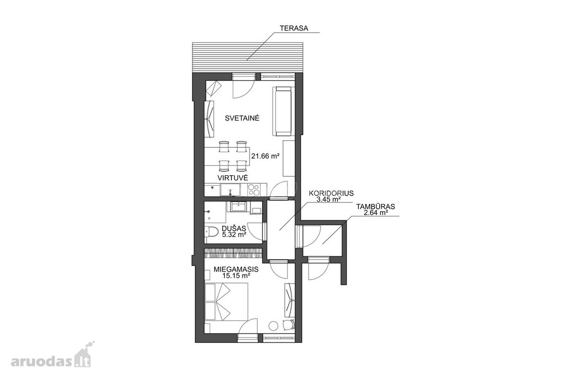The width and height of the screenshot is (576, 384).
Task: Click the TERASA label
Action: pos(294,28)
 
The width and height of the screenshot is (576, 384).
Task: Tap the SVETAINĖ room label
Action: pos(242,118)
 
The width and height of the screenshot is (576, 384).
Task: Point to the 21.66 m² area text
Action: pos(265,156)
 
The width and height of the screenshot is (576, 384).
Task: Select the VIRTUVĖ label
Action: pos(233,178)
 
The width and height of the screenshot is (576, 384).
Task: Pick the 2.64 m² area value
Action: pos(376,213)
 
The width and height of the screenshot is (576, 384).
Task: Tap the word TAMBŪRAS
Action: pos(376,206)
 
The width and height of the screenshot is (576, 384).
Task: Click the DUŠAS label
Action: pos(234,228)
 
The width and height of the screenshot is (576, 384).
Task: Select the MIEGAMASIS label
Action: pos(236,269)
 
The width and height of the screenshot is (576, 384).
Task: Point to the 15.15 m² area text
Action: pos(236,276)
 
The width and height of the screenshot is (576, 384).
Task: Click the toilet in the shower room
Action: pos(211,231)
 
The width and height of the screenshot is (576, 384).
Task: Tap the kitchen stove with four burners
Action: pos(254,190)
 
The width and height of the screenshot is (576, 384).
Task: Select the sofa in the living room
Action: pos(284,111)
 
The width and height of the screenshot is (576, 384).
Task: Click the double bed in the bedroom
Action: pos(226,302)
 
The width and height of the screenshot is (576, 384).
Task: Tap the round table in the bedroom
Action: pos(273,326)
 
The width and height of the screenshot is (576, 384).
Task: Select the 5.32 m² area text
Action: pos(234,234)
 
